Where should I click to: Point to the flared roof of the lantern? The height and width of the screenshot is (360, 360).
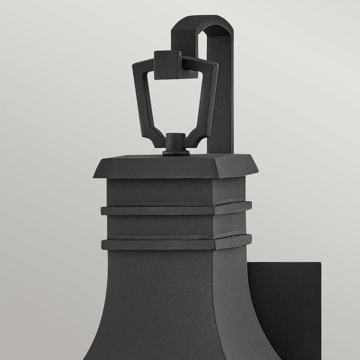pos(162,306)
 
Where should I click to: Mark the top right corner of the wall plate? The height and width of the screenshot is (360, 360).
pos(320,264)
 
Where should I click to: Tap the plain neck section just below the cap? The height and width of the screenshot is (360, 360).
pos(176,191)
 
